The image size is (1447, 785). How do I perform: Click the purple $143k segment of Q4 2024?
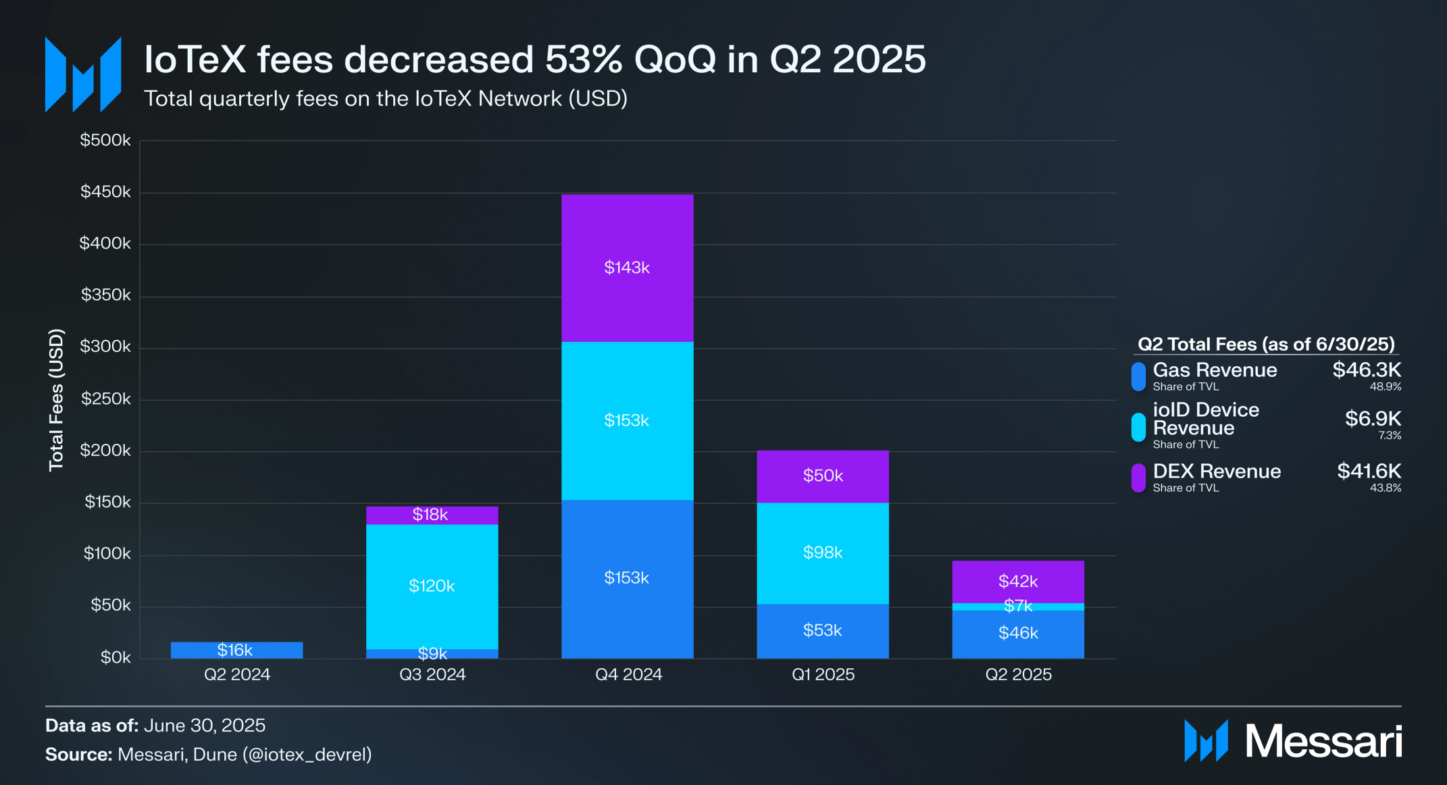(x=627, y=268)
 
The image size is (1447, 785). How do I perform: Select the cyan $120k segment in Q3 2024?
(x=432, y=586)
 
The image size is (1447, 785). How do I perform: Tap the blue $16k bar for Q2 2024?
(x=236, y=650)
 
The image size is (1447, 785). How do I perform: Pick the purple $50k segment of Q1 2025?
(x=822, y=476)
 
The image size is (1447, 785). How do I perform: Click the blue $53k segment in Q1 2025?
(x=822, y=630)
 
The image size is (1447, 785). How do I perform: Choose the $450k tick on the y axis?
(x=105, y=192)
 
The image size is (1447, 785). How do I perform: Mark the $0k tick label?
(x=116, y=657)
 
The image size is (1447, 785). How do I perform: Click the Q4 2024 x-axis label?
(x=628, y=674)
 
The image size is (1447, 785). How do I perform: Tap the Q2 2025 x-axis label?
(x=1018, y=674)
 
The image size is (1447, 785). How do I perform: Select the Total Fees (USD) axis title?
(x=56, y=400)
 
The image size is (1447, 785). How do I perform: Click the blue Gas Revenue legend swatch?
(x=1138, y=376)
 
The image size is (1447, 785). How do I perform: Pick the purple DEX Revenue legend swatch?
(x=1138, y=478)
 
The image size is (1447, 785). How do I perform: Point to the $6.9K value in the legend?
(x=1373, y=419)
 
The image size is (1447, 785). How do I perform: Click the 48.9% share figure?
(x=1385, y=387)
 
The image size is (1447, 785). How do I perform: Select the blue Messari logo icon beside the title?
(x=83, y=74)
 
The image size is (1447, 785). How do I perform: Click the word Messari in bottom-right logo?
(x=1323, y=741)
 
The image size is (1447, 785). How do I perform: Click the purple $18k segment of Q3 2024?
(x=432, y=515)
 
